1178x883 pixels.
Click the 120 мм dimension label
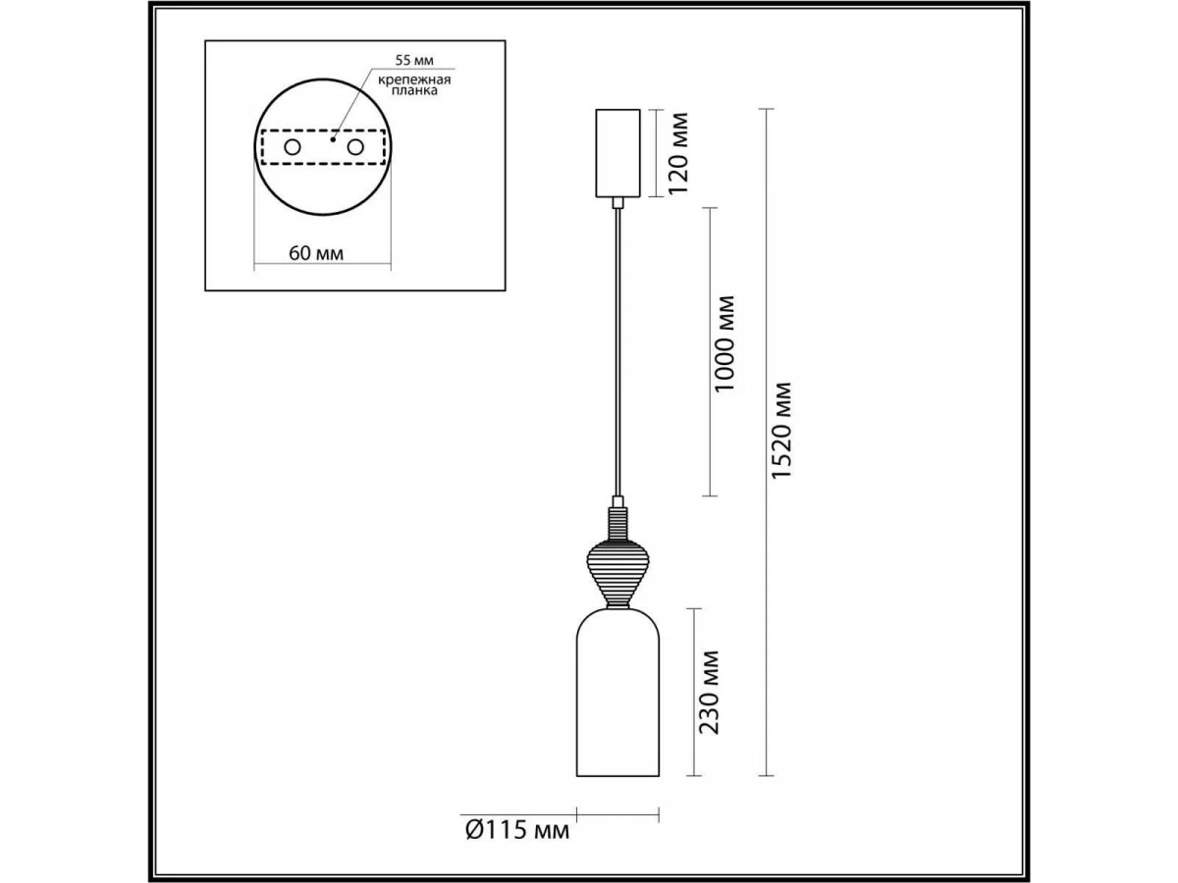click(677, 153)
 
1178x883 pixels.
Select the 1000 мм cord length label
click(723, 343)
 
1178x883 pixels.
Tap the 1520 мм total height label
click(781, 431)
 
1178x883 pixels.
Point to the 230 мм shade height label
click(709, 692)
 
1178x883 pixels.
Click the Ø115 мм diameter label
click(517, 846)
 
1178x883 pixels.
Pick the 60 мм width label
click(316, 253)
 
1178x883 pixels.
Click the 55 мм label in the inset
click(414, 61)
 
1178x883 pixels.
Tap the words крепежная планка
click(414, 85)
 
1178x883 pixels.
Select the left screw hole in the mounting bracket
click(292, 147)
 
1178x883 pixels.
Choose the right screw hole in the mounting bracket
click(355, 147)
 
